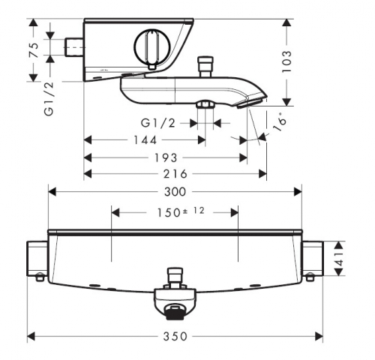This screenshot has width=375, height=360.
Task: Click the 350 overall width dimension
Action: pos(175,336)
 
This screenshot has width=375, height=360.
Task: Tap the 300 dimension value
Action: pos(175,192)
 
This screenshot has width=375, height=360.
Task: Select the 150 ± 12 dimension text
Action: pos(181,212)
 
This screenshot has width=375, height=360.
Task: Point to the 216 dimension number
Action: pos(175,174)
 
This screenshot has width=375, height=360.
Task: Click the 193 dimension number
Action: pos(166,158)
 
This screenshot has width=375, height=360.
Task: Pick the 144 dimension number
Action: pos(145,140)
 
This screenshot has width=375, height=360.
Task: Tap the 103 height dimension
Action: pos(286,61)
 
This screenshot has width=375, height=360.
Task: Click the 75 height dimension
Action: pos(34,50)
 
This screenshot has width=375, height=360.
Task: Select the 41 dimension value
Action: pos(340,259)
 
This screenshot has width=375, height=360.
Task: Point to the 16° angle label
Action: pos(280,122)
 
